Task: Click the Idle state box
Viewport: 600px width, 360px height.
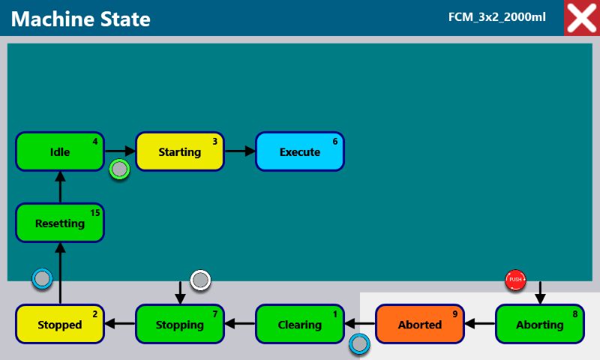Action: pos(60,151)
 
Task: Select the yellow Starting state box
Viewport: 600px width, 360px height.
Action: pos(180,151)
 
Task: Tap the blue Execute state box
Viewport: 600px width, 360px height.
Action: pos(300,151)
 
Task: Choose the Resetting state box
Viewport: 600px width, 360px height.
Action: pos(60,223)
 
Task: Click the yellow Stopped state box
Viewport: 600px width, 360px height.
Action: pos(60,324)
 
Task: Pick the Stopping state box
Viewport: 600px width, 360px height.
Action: pos(180,324)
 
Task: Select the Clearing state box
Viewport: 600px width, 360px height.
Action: pos(300,324)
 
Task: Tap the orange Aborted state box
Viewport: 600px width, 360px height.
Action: pos(420,324)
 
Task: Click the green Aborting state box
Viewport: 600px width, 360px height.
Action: pos(540,324)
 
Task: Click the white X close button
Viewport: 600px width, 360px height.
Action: pos(582,18)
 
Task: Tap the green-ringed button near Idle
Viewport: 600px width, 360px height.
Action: pos(119,169)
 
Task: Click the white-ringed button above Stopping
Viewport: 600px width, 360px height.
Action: pos(200,280)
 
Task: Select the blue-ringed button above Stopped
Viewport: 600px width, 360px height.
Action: pos(42,278)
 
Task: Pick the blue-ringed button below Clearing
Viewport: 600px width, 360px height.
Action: pos(359,344)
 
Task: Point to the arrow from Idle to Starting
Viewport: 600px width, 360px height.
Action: pos(120,151)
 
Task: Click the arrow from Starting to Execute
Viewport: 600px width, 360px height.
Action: pos(240,151)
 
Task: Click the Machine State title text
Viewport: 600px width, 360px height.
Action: pos(81,19)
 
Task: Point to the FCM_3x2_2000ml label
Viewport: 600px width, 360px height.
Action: pos(497,17)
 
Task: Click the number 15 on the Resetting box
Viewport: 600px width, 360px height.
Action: pos(95,213)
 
